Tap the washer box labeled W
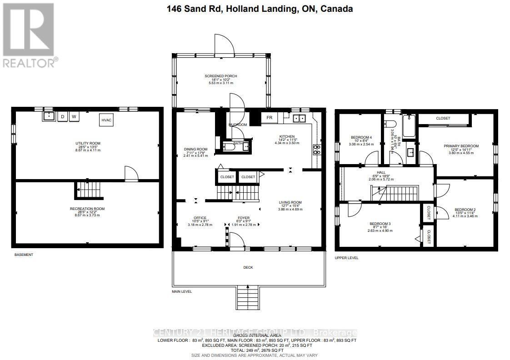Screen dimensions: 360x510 coord(73,117)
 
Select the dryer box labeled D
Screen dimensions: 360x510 coord(62,117)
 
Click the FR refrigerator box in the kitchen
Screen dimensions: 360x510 coord(269,118)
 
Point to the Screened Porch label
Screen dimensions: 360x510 coord(220,76)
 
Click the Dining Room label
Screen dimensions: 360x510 coord(195,149)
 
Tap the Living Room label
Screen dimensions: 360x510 coord(290,202)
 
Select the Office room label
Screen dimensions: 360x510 coord(200,218)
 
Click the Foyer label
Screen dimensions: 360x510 coord(243,218)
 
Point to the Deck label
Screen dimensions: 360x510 coord(248,267)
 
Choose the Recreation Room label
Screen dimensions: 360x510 coord(87,209)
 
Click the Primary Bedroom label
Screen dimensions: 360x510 coord(461,146)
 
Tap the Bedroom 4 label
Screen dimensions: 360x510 coord(361,137)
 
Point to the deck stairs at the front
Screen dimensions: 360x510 coord(247,297)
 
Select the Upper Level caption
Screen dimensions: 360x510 coord(347,258)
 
